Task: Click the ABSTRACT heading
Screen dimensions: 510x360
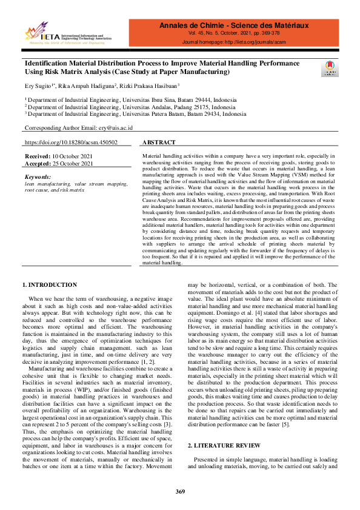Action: pos(158,143)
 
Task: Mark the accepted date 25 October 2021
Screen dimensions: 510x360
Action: pos(73,164)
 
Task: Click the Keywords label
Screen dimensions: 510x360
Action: pos(38,176)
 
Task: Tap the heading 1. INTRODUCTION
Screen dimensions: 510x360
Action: pos(50,285)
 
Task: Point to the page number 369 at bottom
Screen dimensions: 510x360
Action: pos(180,491)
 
